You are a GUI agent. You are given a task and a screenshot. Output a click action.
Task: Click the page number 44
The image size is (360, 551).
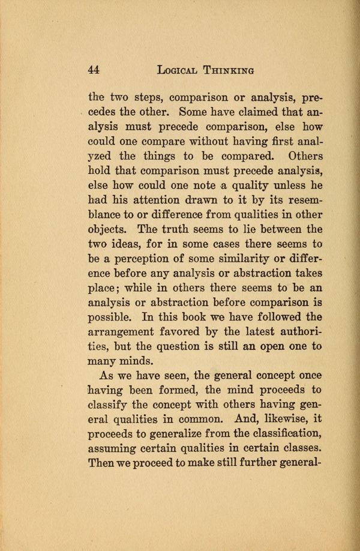click(93, 69)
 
